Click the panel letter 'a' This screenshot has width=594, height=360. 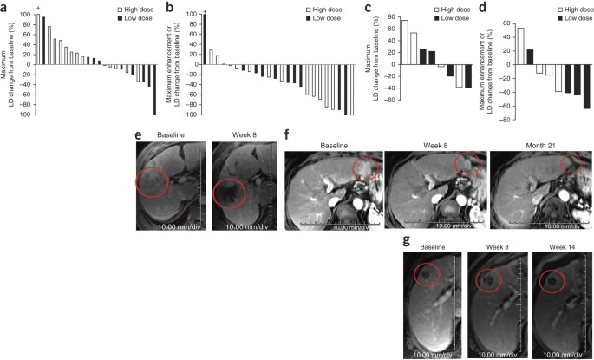tap(4, 7)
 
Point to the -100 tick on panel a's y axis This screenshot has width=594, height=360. tap(27, 115)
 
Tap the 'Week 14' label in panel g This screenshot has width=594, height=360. tap(555, 248)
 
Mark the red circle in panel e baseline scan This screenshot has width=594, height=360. tap(153, 181)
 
